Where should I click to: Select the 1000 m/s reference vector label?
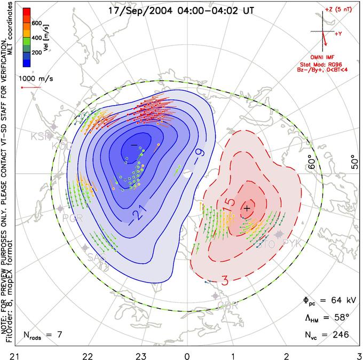click(x=35, y=77)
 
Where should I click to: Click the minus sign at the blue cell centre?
click(x=133, y=145)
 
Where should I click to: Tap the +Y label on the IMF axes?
click(x=338, y=33)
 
